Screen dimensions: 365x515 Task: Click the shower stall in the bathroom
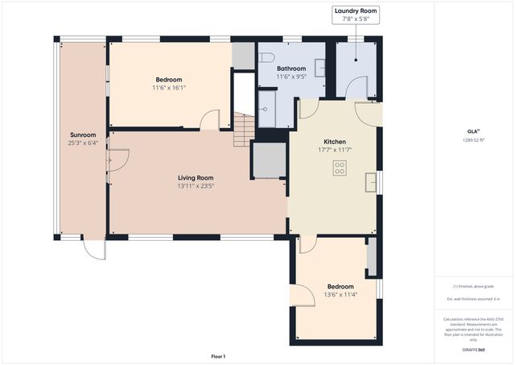pos(267,109)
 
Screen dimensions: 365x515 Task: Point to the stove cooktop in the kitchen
pos(340,168)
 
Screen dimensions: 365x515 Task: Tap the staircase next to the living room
pos(244,130)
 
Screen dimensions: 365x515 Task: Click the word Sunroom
pos(83,135)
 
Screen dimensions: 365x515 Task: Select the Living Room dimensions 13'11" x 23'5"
pos(196,185)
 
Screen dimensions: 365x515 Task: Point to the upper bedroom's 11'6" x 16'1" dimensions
pos(168,88)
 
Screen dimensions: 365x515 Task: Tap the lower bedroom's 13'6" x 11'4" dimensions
pos(340,294)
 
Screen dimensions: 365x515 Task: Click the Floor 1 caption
pos(218,356)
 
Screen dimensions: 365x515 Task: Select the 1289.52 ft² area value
pos(474,139)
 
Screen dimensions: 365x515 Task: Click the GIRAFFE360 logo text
pos(474,350)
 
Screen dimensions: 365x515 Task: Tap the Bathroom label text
pos(290,68)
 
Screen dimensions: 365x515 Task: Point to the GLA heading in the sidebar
pos(473,131)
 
